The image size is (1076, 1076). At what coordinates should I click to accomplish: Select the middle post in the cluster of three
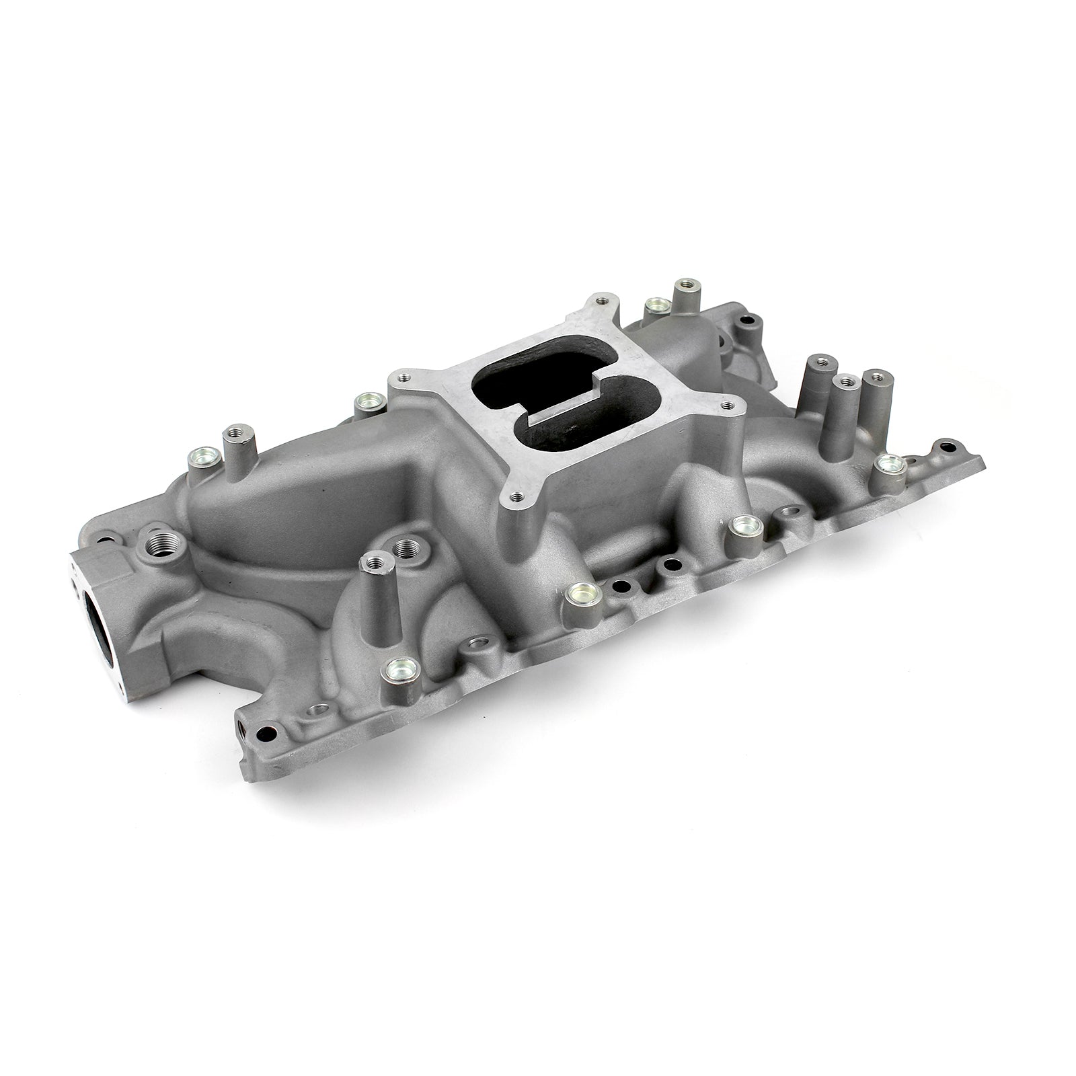pos(845,382)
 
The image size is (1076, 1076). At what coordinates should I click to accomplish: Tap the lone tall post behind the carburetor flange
pos(685,282)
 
